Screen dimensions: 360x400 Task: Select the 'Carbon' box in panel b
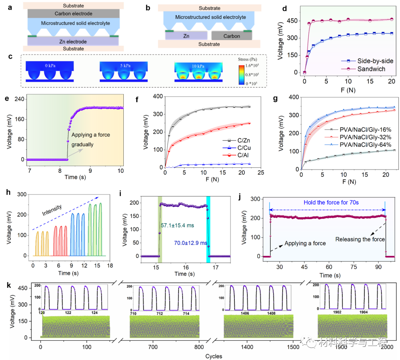pos(231,36)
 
